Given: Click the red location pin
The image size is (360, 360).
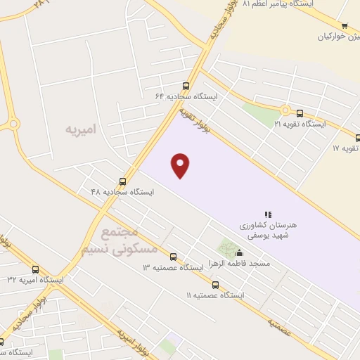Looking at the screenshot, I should coord(181,165).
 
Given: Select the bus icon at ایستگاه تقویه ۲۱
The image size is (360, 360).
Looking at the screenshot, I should coord(300,113).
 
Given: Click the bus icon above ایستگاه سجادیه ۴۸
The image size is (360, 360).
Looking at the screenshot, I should coord(123,181).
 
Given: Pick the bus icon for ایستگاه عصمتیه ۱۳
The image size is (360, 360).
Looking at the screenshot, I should coord(174,257).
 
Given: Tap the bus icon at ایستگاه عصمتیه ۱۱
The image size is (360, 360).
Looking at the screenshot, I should coord(215,285).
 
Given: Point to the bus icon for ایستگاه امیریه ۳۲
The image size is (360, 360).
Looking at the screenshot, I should coord(36,269).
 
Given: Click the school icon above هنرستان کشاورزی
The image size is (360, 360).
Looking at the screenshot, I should coord(268,214).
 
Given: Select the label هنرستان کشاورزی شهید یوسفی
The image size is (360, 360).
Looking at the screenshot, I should coord(269,229).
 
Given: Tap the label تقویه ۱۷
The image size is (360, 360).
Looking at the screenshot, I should coord(347,149).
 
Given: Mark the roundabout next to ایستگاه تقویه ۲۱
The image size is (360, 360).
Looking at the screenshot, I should coord(285,110).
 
